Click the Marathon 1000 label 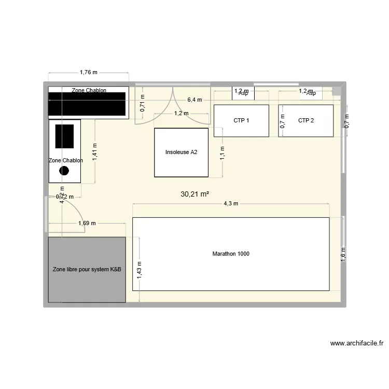pyautogui.click(x=231, y=254)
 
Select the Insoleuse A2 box pyautogui.click(x=181, y=152)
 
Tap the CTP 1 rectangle pyautogui.click(x=241, y=120)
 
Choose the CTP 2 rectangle pyautogui.click(x=305, y=120)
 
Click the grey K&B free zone pyautogui.click(x=87, y=270)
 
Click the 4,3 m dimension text pyautogui.click(x=231, y=204)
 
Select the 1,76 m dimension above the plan pyautogui.click(x=89, y=73)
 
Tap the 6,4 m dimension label pyautogui.click(x=195, y=100)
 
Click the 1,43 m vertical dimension pyautogui.click(x=140, y=270)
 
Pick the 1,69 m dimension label pyautogui.click(x=87, y=224)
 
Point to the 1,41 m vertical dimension pyautogui.click(x=95, y=151)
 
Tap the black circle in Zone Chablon pyautogui.click(x=64, y=170)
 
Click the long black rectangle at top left pyautogui.click(x=88, y=104)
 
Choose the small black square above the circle pyautogui.click(x=64, y=136)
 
